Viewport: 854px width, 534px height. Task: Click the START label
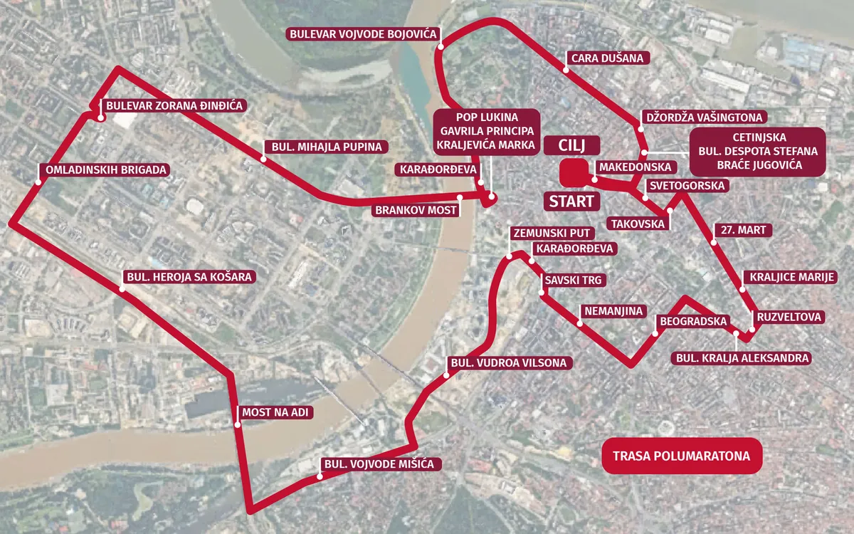(x=571, y=201)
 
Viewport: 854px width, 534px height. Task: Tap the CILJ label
(x=571, y=145)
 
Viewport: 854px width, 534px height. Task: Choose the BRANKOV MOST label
(x=416, y=211)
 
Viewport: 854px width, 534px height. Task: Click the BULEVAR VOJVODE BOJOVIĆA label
(x=363, y=34)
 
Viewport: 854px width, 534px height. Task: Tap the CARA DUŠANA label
(x=607, y=58)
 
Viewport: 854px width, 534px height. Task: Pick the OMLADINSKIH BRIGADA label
(x=105, y=170)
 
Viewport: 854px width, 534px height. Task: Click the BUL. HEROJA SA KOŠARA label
(x=189, y=277)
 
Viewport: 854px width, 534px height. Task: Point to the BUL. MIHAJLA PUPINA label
(x=326, y=147)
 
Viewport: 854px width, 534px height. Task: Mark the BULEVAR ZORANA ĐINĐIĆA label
(x=174, y=106)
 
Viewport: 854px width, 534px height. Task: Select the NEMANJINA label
(x=612, y=311)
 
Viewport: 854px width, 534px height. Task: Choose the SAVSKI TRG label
(x=574, y=281)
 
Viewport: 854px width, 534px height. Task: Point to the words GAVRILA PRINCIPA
(x=487, y=132)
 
